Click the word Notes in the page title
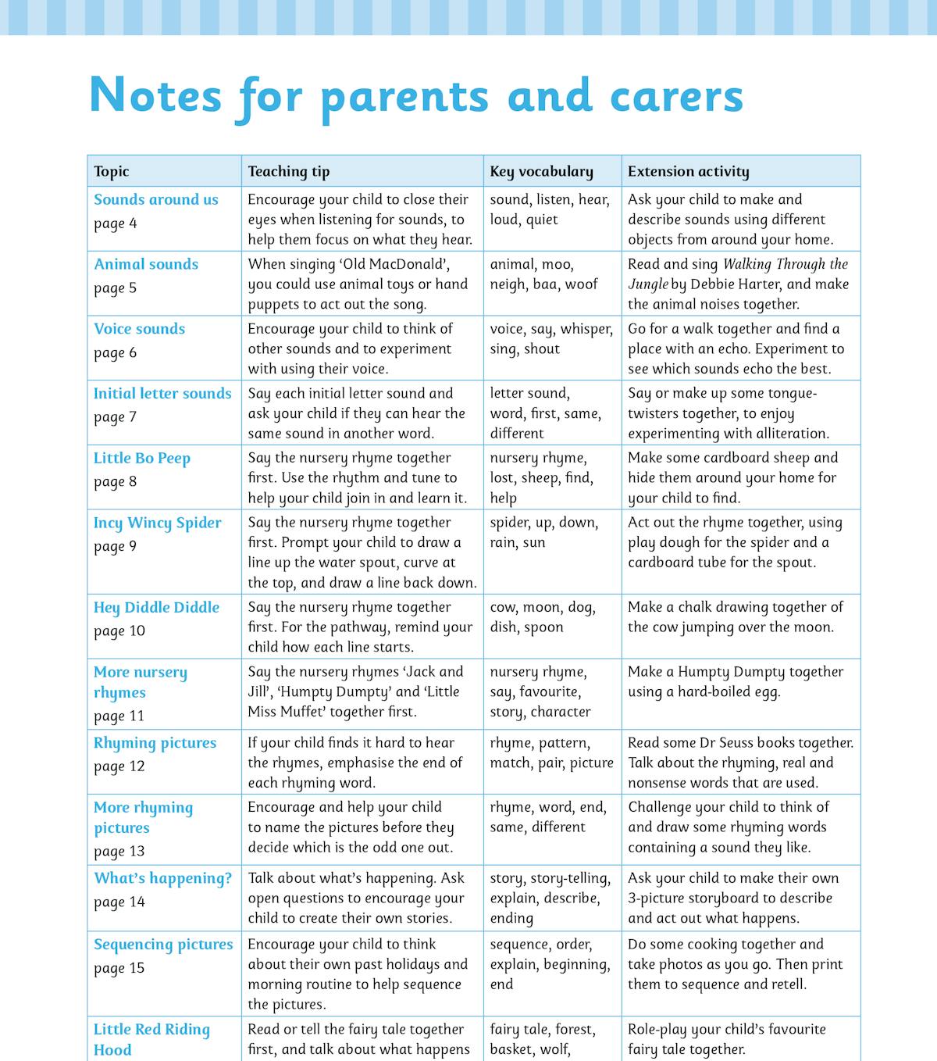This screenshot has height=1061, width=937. click(156, 96)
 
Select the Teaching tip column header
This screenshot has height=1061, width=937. click(289, 172)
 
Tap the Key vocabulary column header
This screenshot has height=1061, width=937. click(541, 172)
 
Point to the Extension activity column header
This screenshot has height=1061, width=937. click(688, 172)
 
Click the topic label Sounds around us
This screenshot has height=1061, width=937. click(156, 200)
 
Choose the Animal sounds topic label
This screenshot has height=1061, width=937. click(146, 265)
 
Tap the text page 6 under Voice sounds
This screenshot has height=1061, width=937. click(116, 353)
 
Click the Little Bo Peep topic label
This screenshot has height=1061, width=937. click(142, 459)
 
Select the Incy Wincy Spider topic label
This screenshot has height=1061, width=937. click(158, 523)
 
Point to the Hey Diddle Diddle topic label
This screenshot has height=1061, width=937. click(156, 608)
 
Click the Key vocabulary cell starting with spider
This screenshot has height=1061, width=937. click(544, 533)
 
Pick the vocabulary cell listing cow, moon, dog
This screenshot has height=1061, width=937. click(543, 617)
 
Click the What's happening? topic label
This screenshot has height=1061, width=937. click(162, 879)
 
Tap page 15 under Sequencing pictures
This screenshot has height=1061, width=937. click(119, 969)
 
